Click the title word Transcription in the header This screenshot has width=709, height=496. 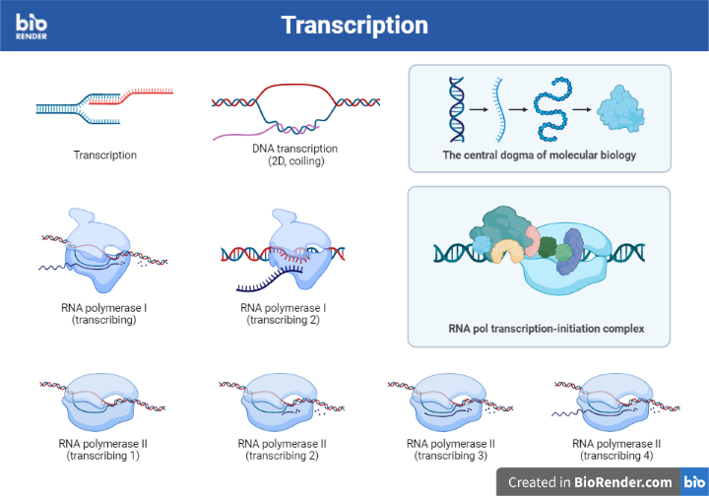354,25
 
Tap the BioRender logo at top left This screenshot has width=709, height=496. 31,25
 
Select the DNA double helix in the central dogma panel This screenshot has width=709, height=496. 457,106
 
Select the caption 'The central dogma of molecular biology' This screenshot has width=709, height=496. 539,155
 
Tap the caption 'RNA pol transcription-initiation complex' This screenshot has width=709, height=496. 539,328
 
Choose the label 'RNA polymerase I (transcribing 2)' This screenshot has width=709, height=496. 284,314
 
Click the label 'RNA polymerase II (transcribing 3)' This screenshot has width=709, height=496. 450,450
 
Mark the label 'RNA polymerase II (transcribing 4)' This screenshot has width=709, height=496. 616,450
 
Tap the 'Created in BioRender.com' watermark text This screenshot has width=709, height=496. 590,482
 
